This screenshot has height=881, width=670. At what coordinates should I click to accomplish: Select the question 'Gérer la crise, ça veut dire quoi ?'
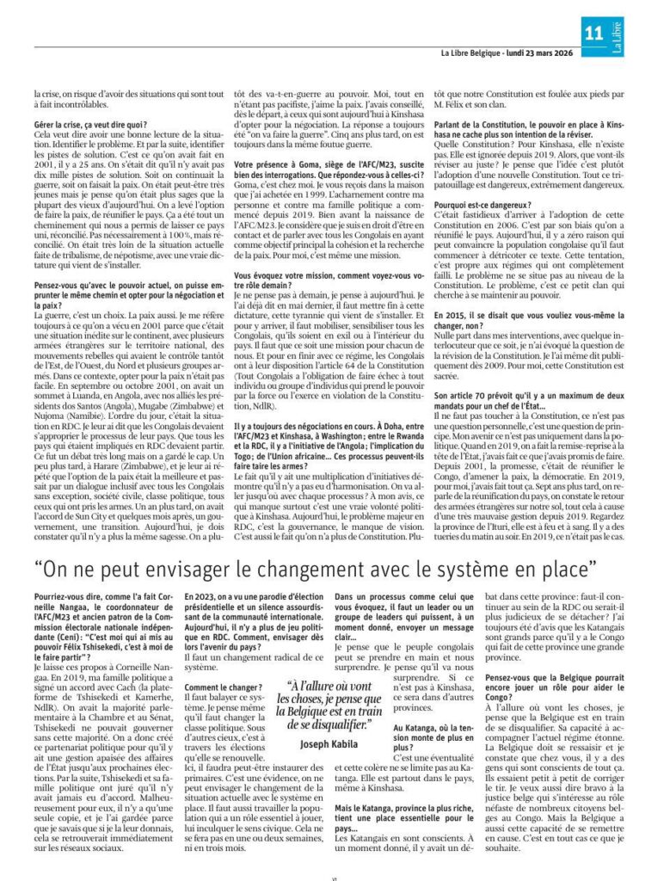90,125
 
